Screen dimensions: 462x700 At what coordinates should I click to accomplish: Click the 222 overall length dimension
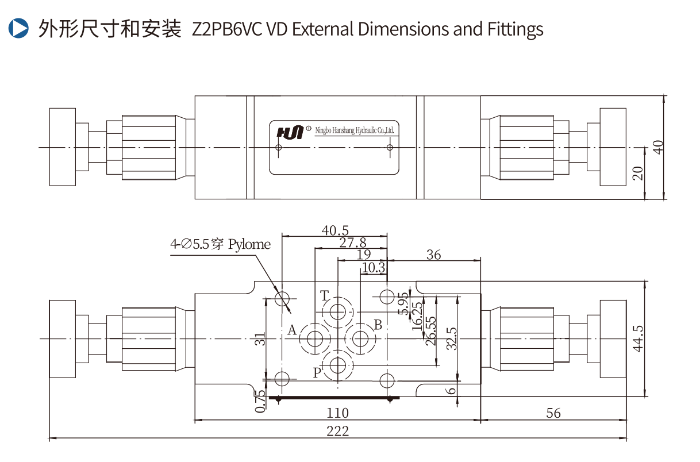[x=337, y=432]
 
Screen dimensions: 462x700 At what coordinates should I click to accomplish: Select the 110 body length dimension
[x=337, y=413]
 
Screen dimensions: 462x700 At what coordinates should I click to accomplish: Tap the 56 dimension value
[x=553, y=413]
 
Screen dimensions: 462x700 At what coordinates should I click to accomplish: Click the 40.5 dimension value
[x=336, y=230]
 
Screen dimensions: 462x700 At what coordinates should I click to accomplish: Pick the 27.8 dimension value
[x=352, y=243]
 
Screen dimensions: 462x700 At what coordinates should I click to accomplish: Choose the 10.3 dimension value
[x=374, y=267]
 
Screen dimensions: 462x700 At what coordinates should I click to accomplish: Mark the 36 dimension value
[x=434, y=255]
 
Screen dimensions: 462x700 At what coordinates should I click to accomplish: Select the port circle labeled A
[x=315, y=339]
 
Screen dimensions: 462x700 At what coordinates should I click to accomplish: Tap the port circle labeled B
[x=360, y=339]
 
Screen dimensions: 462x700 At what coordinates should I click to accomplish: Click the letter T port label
[x=325, y=297]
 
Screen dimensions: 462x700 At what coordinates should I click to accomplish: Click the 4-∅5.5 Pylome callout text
[x=220, y=244]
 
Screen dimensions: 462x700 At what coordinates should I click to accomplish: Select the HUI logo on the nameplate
[x=290, y=132]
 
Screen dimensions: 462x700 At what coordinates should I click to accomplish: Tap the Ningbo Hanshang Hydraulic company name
[x=355, y=131]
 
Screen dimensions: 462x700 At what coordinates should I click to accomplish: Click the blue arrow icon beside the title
[x=19, y=28]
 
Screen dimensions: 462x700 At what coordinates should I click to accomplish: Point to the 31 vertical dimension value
[x=260, y=339]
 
